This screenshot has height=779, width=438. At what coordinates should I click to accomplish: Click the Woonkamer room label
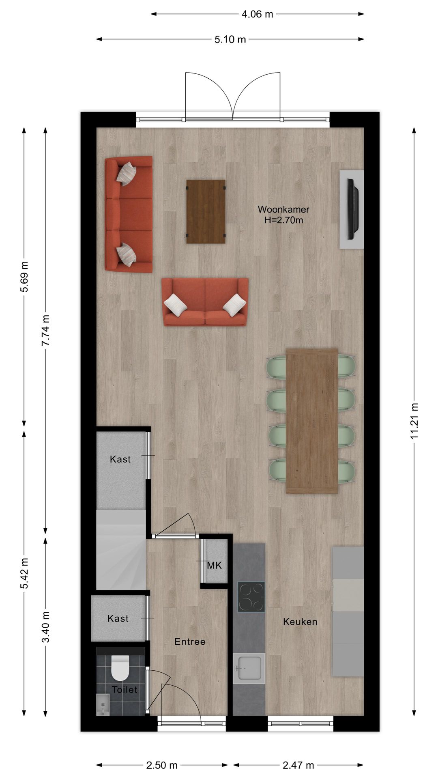pyautogui.click(x=283, y=210)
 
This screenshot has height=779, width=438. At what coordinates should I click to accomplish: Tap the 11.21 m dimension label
pyautogui.click(x=414, y=421)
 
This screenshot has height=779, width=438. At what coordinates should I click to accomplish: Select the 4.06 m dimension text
pyautogui.click(x=258, y=14)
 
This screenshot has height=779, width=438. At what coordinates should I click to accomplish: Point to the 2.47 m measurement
pyautogui.click(x=298, y=765)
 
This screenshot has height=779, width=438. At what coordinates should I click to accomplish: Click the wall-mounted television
pyautogui.click(x=352, y=209)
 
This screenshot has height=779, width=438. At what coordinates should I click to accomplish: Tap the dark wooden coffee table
pyautogui.click(x=206, y=211)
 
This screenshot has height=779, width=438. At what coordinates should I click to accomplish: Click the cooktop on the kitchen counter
pyautogui.click(x=251, y=597)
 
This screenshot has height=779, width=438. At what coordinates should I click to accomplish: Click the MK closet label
pyautogui.click(x=215, y=565)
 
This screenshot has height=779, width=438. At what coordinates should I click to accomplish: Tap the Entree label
pyautogui.click(x=190, y=641)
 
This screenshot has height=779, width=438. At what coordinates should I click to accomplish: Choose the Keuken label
pyautogui.click(x=300, y=622)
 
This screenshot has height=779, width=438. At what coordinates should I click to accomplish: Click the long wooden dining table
pyautogui.click(x=312, y=421)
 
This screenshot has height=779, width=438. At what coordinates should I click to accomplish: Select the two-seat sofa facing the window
pyautogui.click(x=205, y=302)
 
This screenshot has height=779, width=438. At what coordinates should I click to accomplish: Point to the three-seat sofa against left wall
pyautogui.click(x=129, y=214)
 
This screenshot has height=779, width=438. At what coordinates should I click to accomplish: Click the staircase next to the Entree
pyautogui.click(x=121, y=550)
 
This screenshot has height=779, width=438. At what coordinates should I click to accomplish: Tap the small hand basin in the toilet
pyautogui.click(x=103, y=704)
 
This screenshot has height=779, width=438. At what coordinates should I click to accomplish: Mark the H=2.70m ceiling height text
pyautogui.click(x=283, y=221)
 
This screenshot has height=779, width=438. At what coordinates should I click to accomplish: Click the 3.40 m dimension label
pyautogui.click(x=45, y=626)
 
